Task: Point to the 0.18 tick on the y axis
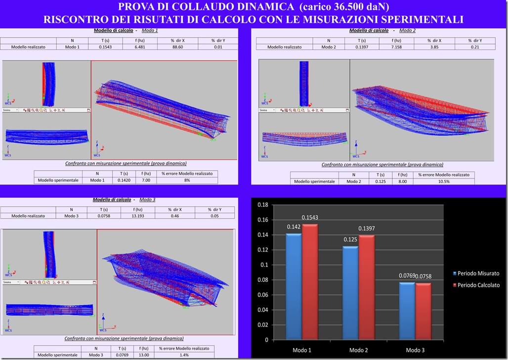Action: coord(263,204)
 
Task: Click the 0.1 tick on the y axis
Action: coord(264,265)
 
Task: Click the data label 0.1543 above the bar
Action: coord(310,218)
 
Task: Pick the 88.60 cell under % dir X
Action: coord(177,47)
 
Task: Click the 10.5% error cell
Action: coord(444,181)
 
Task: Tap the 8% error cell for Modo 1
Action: coord(187,180)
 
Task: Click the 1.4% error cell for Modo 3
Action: coord(183,355)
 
